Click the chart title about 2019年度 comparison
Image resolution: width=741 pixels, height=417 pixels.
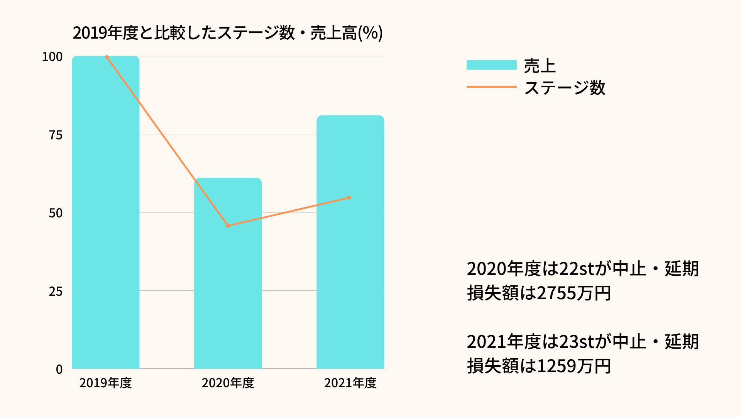[x=227, y=34]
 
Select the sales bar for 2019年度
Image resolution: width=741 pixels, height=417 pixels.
[x=105, y=212]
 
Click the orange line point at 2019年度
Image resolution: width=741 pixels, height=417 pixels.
[x=107, y=57]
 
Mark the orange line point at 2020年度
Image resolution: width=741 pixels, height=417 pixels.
[x=228, y=226]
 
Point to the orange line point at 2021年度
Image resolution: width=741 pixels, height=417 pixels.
[x=349, y=198]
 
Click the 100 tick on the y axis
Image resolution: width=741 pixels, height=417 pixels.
[x=52, y=57]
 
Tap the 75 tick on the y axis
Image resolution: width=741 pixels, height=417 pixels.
[x=56, y=135]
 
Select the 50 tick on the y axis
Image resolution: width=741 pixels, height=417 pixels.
[x=56, y=213]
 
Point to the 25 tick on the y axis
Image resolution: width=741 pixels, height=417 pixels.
[x=56, y=291]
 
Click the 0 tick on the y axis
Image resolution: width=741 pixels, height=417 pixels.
[x=59, y=370]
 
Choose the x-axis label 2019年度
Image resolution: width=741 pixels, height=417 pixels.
[x=105, y=383]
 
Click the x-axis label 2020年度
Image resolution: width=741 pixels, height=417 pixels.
[x=228, y=383]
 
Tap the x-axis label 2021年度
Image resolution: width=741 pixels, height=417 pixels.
[x=350, y=383]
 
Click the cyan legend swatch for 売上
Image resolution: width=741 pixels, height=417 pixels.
[x=491, y=65]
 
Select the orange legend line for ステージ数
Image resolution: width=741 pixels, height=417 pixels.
[x=491, y=87]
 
